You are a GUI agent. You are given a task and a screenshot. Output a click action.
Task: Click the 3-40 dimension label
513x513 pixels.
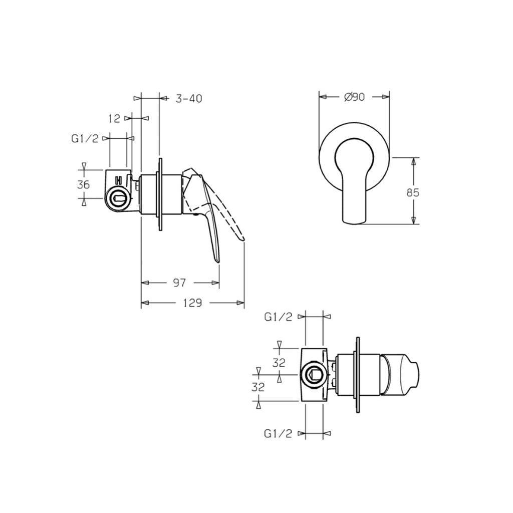[x=188, y=99]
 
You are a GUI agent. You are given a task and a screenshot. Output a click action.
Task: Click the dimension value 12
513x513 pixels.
[x=114, y=118]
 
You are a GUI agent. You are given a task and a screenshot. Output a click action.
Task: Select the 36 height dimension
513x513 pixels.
[x=83, y=184]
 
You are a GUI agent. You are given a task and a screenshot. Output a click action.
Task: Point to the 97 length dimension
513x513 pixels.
[x=179, y=283]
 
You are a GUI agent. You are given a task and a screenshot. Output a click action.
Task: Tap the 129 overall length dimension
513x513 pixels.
[x=192, y=303]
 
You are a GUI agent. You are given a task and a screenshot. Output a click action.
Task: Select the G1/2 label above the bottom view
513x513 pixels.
[x=278, y=317]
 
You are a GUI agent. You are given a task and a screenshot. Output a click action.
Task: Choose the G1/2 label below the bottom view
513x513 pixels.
[x=278, y=434]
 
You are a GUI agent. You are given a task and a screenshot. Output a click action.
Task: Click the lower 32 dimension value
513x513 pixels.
[x=259, y=387]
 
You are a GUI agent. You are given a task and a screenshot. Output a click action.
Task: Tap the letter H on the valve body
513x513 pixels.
[x=119, y=180]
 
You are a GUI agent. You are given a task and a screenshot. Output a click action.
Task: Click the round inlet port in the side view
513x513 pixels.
[x=118, y=199]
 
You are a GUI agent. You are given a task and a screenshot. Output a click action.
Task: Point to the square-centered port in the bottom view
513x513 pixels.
[x=314, y=373]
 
